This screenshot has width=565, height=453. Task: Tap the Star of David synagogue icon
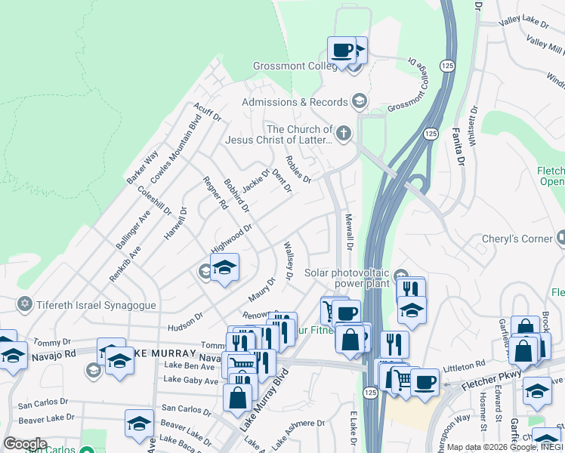coord(24,304)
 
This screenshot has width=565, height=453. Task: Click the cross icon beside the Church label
coord(344,134)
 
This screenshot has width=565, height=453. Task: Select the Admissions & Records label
coord(295,102)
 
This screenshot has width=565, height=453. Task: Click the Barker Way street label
coord(143,167)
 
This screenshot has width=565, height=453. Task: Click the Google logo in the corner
coord(25,444)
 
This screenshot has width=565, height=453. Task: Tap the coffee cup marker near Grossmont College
coord(341,51)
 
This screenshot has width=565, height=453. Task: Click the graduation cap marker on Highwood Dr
coord(224,267)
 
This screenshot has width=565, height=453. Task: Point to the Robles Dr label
coord(298,170)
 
